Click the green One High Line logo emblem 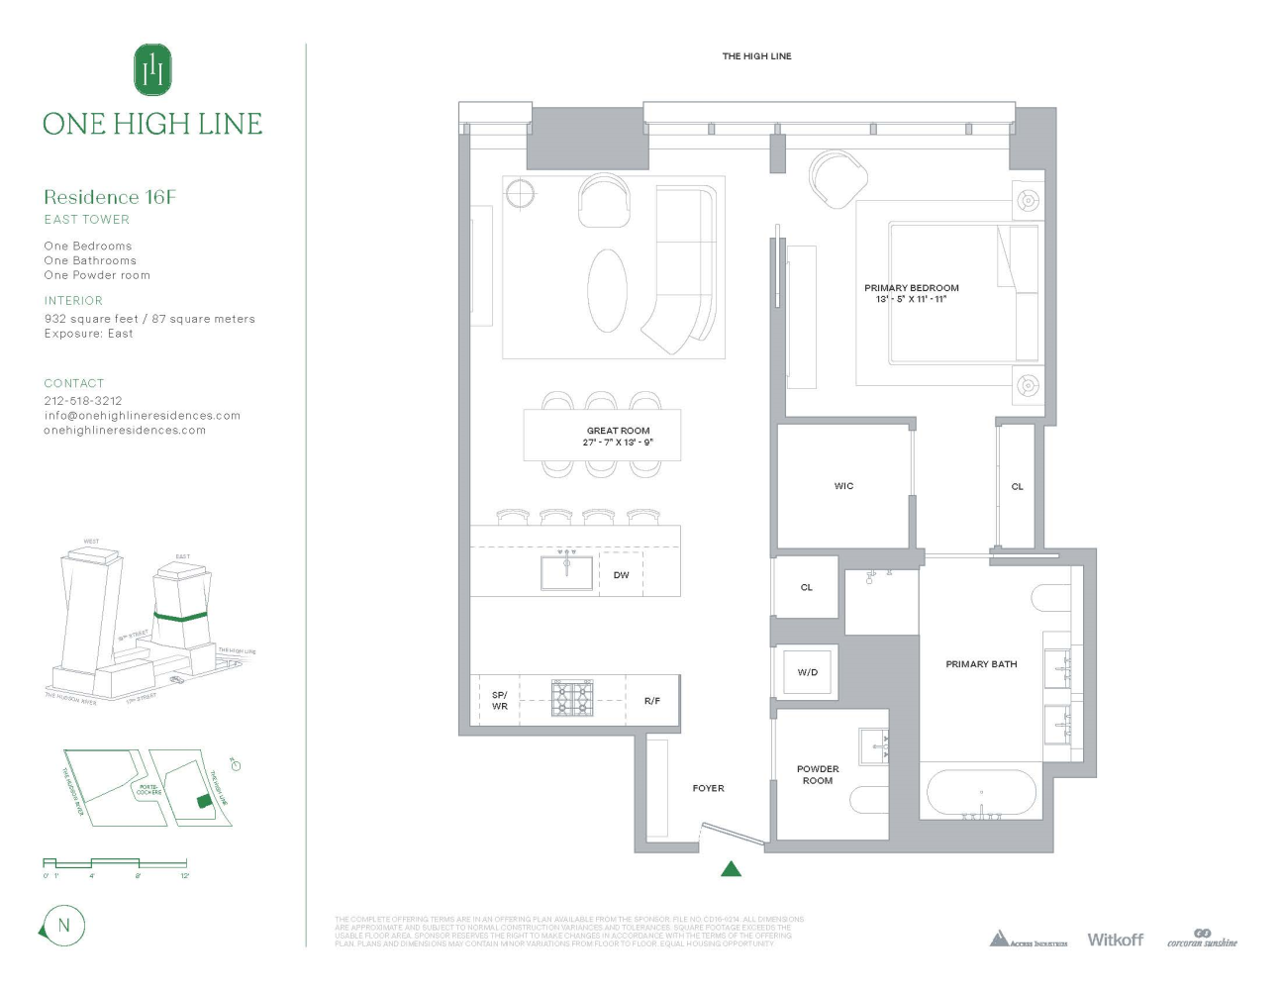click(152, 69)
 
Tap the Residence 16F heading click(110, 197)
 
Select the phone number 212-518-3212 click(83, 401)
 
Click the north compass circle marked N click(64, 926)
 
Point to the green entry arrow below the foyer click(731, 869)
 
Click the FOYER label click(708, 788)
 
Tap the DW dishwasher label click(621, 575)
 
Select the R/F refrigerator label click(651, 701)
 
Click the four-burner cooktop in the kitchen click(571, 699)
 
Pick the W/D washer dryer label click(808, 672)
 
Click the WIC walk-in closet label click(843, 486)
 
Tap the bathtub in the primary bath click(981, 793)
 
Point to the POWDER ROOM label click(818, 774)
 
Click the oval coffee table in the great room click(607, 290)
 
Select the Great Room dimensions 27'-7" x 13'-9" click(618, 443)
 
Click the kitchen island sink click(566, 572)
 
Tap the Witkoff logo click(1115, 940)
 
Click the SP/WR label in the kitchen click(500, 700)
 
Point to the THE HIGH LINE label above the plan click(756, 56)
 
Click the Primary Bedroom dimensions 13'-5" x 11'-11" click(911, 299)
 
